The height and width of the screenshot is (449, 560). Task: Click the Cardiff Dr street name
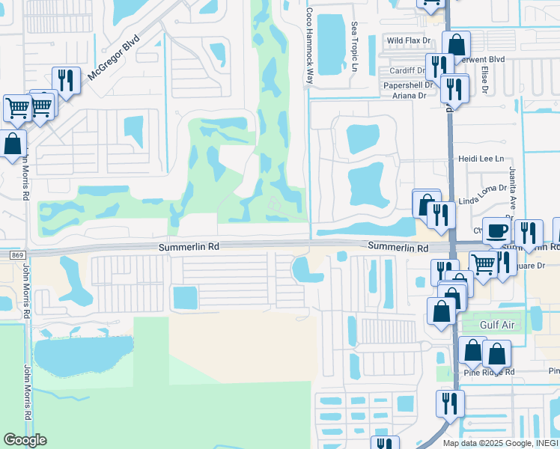click(x=407, y=71)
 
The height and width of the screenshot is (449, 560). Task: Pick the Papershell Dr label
click(x=409, y=85)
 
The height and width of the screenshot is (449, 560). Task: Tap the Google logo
click(x=25, y=439)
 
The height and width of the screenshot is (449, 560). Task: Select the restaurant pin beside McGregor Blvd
click(x=66, y=80)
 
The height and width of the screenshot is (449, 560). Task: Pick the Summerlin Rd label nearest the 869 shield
click(x=189, y=246)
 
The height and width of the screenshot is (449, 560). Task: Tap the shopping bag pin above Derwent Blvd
click(x=456, y=44)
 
